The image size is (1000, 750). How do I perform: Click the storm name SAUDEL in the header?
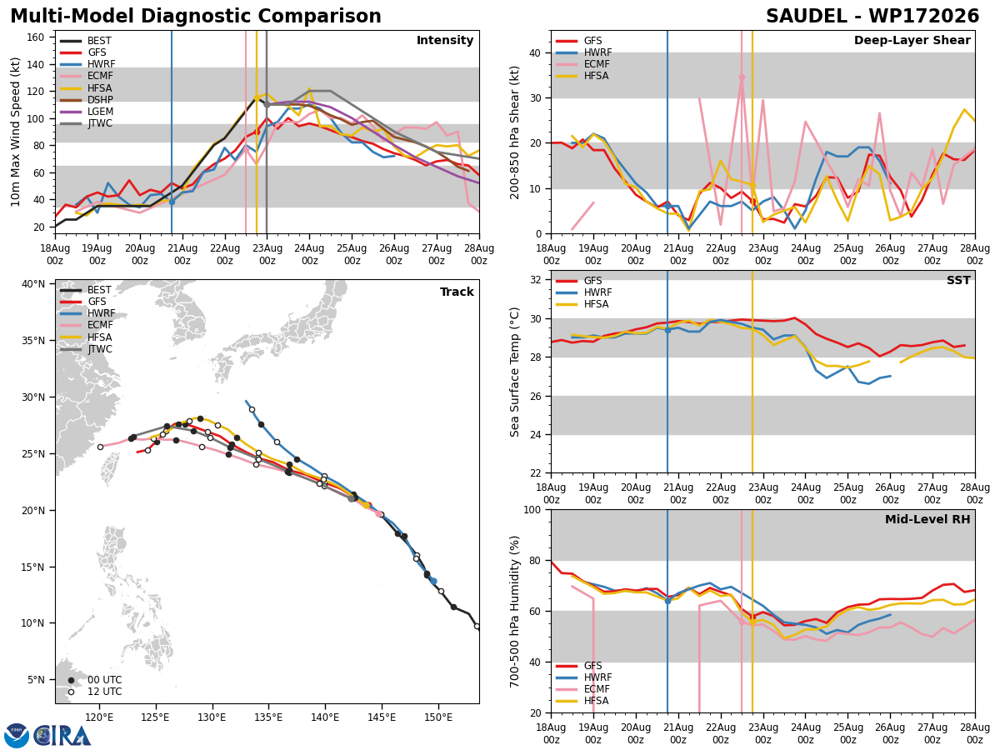pyautogui.click(x=806, y=17)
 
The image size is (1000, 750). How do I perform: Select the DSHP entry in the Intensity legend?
pyautogui.click(x=100, y=100)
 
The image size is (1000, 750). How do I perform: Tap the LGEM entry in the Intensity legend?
pyautogui.click(x=101, y=112)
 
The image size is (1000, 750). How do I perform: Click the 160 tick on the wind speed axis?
pyautogui.click(x=35, y=37)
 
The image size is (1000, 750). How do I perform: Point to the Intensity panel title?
pyautogui.click(x=445, y=40)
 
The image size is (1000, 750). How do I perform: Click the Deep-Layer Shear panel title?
pyautogui.click(x=912, y=40)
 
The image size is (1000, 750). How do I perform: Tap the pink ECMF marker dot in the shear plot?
pyautogui.click(x=742, y=77)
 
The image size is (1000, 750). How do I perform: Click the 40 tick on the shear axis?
pyautogui.click(x=535, y=53)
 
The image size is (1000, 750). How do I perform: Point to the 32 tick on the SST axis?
pyautogui.click(x=535, y=280)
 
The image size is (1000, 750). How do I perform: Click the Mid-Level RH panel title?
pyautogui.click(x=927, y=519)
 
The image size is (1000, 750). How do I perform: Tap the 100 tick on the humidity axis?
pyautogui.click(x=532, y=510)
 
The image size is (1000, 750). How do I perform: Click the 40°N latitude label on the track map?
pyautogui.click(x=33, y=284)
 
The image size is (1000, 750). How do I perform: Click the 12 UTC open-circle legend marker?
pyautogui.click(x=71, y=692)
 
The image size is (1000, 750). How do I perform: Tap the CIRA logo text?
pyautogui.click(x=62, y=736)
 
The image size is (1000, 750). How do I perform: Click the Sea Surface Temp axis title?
pyautogui.click(x=514, y=372)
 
